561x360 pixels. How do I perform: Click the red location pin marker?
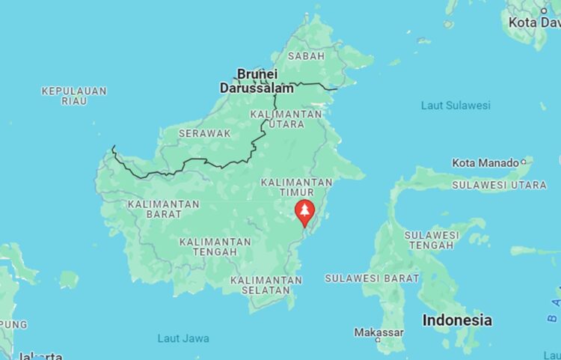(304, 211)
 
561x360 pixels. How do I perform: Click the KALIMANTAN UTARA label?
(286, 119)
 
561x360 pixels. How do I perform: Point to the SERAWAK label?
(204, 133)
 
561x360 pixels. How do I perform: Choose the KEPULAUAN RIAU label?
(74, 96)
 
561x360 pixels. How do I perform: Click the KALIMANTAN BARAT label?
(164, 209)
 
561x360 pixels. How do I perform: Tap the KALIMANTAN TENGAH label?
(215, 247)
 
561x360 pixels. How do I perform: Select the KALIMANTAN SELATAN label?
(266, 285)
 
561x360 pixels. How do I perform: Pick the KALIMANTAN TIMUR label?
(296, 187)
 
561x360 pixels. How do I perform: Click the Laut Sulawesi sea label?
(456, 106)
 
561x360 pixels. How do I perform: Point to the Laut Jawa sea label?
(183, 338)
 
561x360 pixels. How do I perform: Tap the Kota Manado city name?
(485, 162)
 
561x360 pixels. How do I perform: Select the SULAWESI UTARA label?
(499, 184)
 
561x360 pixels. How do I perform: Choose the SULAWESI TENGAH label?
(432, 240)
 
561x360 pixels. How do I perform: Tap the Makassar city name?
(378, 332)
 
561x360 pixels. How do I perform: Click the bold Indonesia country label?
(457, 320)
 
